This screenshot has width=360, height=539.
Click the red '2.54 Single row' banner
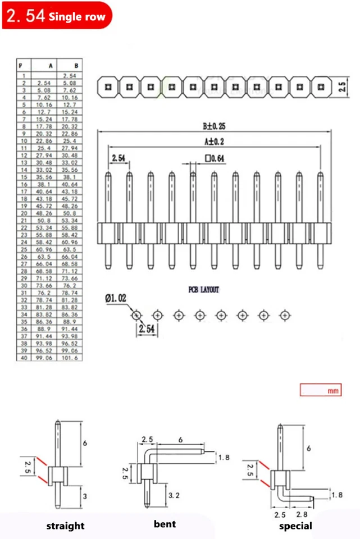(x=56, y=16)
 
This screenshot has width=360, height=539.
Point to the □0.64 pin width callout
(x=215, y=159)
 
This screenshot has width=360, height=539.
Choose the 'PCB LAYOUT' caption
(x=203, y=290)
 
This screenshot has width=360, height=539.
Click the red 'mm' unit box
(x=320, y=390)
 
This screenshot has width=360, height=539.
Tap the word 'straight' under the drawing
(x=65, y=526)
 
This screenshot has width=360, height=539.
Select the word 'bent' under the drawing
(x=165, y=524)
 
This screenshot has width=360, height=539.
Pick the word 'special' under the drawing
(x=295, y=526)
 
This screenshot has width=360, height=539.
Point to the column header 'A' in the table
(x=51, y=66)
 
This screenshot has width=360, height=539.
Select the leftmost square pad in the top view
(x=108, y=87)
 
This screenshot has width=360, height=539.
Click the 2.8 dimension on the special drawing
(x=301, y=514)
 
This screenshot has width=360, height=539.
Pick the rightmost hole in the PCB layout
(x=284, y=316)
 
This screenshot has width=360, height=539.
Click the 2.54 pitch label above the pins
(x=119, y=159)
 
